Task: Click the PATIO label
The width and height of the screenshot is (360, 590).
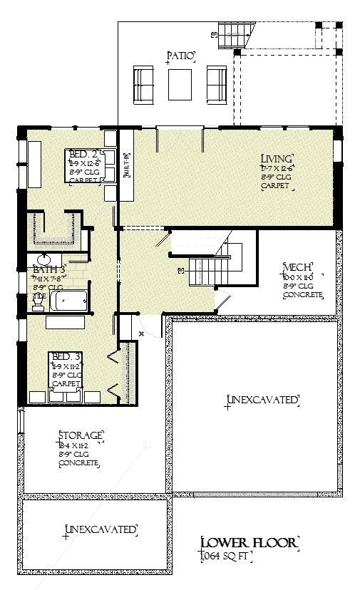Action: click(181, 56)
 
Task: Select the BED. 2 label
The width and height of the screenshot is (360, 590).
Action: click(84, 154)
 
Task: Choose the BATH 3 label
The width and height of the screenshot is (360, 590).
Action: click(49, 270)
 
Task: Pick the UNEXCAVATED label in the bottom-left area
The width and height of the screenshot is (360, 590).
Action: click(101, 529)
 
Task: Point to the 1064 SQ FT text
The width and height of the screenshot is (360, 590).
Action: click(223, 555)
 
